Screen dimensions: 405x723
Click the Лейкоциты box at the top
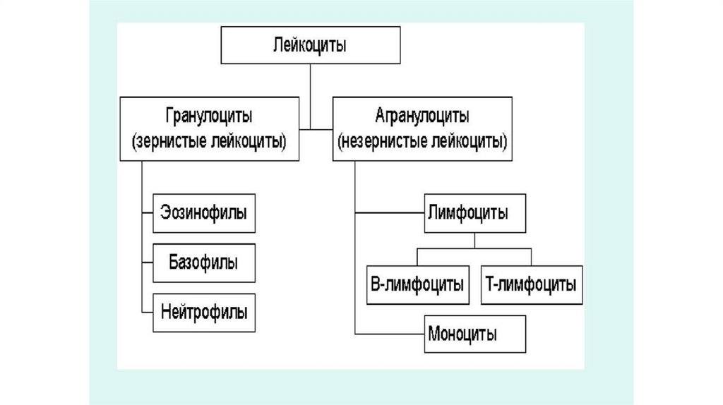point(309,47)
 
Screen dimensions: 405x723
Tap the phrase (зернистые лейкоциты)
point(209,140)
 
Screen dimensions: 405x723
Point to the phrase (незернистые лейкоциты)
point(423,140)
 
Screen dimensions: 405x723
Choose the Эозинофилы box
point(204,212)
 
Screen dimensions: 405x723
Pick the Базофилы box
point(204,262)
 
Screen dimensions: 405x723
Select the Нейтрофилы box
point(204,312)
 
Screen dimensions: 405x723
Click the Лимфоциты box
point(474,213)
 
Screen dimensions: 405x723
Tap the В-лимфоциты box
point(417,285)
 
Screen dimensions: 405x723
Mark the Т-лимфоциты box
point(532,285)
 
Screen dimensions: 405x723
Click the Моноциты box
point(474,334)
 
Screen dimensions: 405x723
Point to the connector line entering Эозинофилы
point(147,212)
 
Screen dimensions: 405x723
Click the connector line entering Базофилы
point(147,262)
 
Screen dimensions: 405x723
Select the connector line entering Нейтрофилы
point(147,312)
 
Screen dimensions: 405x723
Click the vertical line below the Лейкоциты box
point(309,81)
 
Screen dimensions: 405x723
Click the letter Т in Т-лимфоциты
point(491,285)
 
